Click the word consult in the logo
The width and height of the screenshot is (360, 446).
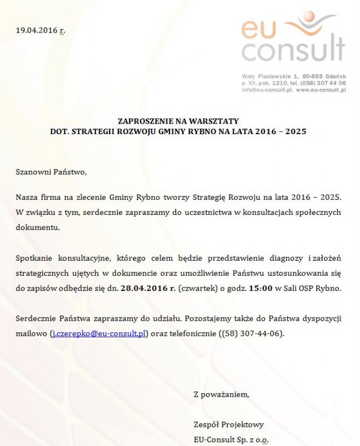(x=293, y=51)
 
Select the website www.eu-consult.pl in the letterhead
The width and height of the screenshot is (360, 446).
(x=321, y=91)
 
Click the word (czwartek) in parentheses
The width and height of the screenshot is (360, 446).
(x=196, y=289)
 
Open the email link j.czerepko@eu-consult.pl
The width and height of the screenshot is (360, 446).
(x=100, y=334)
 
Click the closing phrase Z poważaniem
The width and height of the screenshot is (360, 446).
(x=221, y=395)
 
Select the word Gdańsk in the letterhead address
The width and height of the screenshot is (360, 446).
(x=333, y=77)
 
